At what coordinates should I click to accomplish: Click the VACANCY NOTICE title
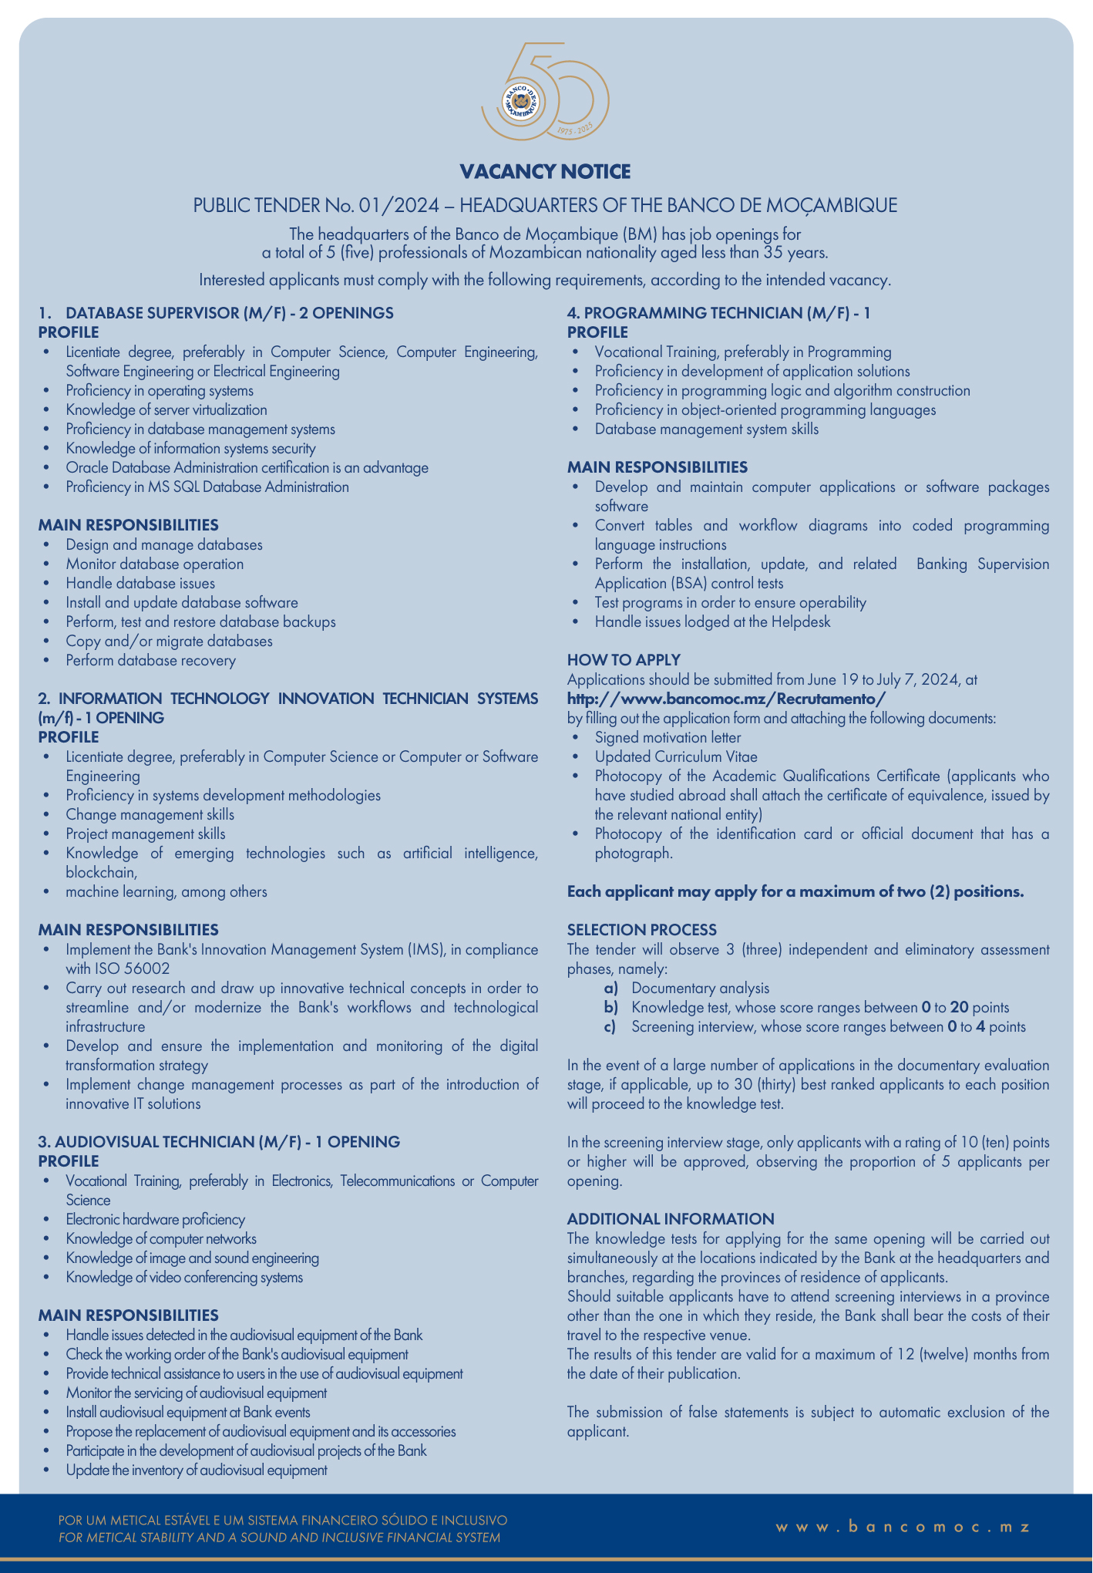[x=545, y=171]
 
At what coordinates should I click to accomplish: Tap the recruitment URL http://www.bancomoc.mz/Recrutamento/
[x=727, y=699]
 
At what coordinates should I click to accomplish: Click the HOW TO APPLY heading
[x=624, y=660]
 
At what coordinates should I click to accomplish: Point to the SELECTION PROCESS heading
[x=641, y=930]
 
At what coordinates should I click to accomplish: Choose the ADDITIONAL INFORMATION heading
[x=670, y=1219]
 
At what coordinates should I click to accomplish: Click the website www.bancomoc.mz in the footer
[x=903, y=1527]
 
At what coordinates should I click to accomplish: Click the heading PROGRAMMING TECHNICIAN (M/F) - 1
[x=718, y=313]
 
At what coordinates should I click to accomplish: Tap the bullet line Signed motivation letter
[x=668, y=737]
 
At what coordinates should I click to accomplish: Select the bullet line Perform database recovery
[x=150, y=660]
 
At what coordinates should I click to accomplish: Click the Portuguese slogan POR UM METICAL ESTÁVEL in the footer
[x=283, y=1521]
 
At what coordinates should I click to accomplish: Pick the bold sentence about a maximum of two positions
[x=795, y=891]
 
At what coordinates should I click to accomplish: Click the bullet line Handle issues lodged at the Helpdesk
[x=712, y=621]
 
